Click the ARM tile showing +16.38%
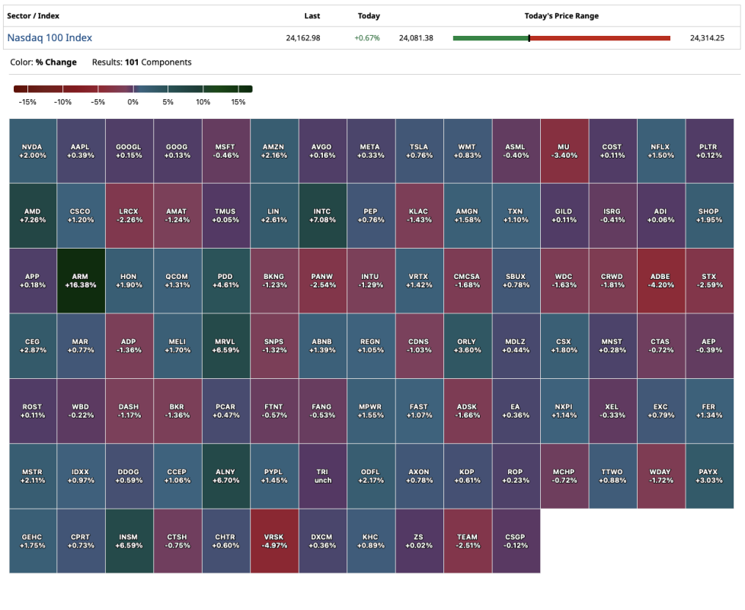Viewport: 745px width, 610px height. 80,281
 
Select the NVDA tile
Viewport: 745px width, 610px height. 33,151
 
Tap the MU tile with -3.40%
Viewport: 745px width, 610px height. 564,151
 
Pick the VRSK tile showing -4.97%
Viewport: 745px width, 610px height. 274,541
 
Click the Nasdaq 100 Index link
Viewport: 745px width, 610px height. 50,37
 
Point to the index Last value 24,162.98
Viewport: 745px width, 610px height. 303,38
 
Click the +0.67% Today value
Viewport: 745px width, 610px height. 369,38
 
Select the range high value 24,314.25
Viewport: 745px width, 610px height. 707,38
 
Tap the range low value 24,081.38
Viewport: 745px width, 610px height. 416,38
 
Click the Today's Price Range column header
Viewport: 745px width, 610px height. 561,16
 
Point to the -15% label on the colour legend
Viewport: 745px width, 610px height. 27,102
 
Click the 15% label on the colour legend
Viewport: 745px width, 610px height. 238,102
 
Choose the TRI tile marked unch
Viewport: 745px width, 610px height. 323,476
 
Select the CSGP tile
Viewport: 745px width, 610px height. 516,541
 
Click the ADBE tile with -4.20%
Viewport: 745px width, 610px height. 660,281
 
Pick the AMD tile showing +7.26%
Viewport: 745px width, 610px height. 33,216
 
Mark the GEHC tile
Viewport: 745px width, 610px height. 33,541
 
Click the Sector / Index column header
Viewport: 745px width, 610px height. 33,16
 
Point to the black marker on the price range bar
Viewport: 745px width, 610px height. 529,38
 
